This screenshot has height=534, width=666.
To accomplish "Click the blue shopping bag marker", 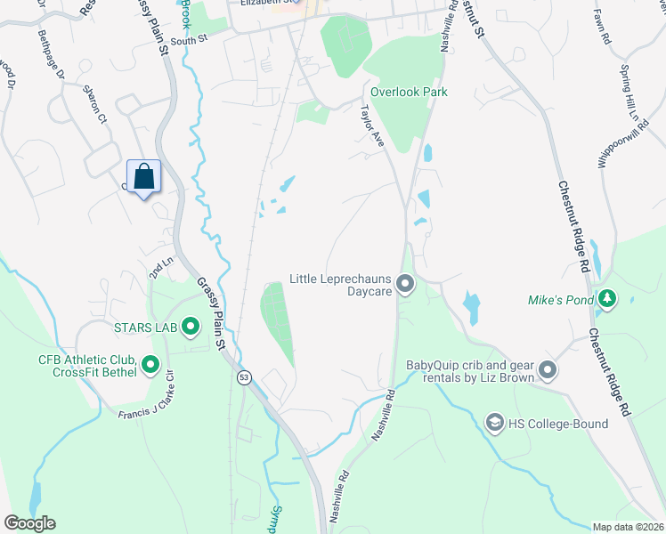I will (x=143, y=177).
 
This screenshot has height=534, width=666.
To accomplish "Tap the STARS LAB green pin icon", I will (x=191, y=328).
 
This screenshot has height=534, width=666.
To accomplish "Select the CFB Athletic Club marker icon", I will (x=150, y=364).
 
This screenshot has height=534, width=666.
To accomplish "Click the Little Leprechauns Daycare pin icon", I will (x=406, y=285).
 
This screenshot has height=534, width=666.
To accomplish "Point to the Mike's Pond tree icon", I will (x=608, y=299).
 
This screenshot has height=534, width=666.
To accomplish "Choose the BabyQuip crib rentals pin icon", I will (x=547, y=368).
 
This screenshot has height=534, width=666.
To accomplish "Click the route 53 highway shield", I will (x=243, y=377).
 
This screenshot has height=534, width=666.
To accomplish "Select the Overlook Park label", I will (x=409, y=92).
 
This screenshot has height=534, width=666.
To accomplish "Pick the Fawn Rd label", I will (x=604, y=28).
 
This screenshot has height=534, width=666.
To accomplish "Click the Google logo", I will (x=29, y=523).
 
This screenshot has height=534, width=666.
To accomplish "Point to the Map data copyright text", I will (x=627, y=527).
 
